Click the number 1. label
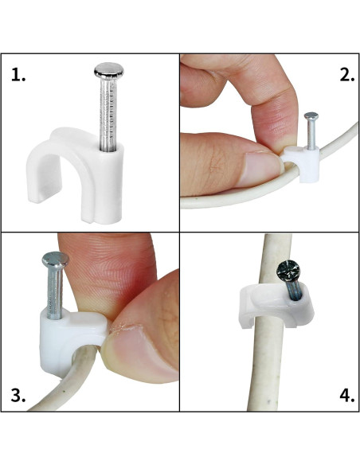point(19,76)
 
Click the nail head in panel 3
point(54,260)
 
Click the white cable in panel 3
point(56,382)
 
